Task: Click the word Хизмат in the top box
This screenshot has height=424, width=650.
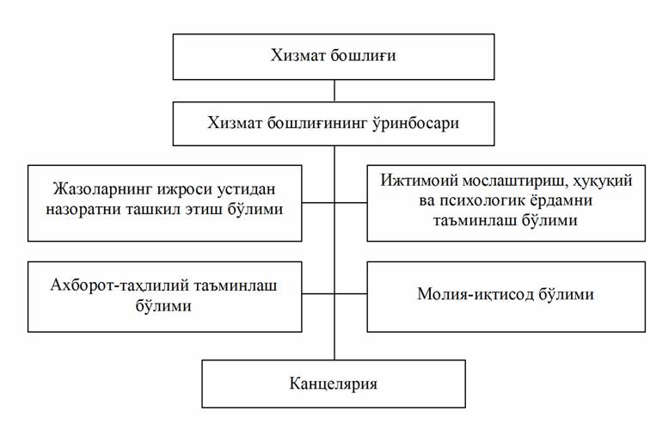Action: pos(297,55)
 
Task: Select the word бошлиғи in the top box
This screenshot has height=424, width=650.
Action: pos(364,56)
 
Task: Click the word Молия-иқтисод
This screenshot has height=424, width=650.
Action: pos(475,294)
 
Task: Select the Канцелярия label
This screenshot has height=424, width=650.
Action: pos(334,384)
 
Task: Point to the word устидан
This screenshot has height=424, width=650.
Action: pos(244,189)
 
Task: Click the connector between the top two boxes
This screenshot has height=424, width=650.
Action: pos(334,91)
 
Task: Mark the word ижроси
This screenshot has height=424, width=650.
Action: pos(183,189)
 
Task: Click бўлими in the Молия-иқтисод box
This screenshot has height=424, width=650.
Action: pos(566,294)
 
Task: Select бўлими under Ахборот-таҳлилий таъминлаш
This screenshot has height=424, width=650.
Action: pos(163,306)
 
